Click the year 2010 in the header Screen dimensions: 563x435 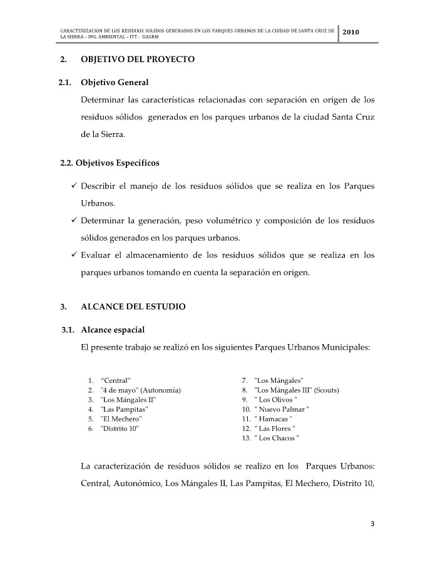(x=351, y=33)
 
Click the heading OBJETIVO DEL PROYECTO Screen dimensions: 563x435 (x=138, y=59)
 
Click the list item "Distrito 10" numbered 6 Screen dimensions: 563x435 (x=120, y=429)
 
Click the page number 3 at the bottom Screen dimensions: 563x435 (x=371, y=524)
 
